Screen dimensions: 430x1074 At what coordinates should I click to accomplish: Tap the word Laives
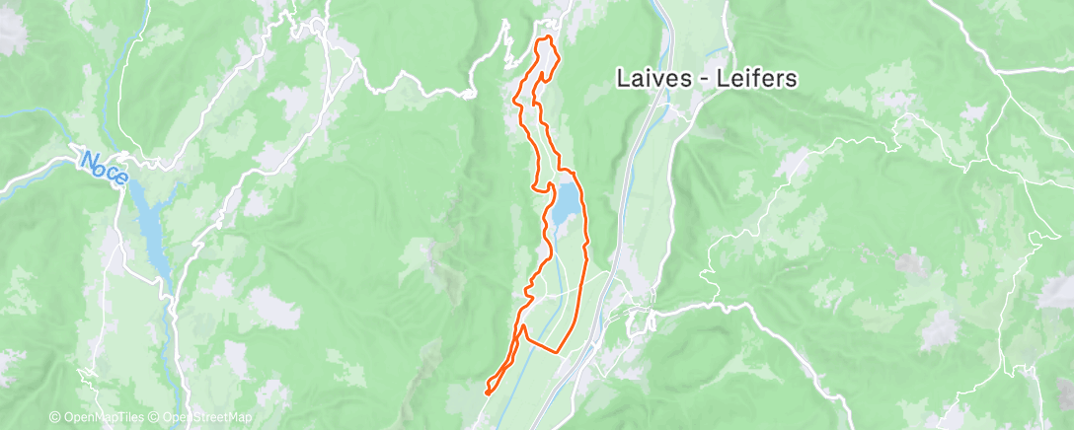point(648,78)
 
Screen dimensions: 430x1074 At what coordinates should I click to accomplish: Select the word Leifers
point(761,78)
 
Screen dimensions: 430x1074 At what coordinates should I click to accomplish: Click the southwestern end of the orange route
point(486,394)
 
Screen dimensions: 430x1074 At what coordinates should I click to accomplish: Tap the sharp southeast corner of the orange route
point(560,350)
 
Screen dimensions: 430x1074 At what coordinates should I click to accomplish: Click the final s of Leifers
point(791,78)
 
